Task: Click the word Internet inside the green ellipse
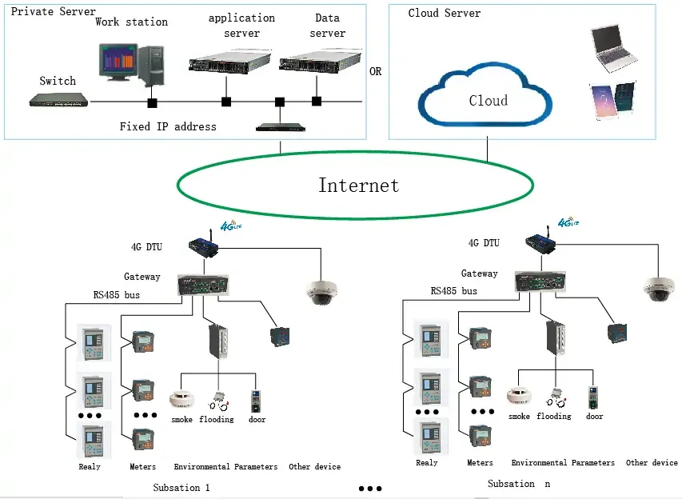coord(358,186)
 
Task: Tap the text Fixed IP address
coord(168,126)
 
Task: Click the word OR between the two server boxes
coord(375,71)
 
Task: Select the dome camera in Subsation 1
coord(322,293)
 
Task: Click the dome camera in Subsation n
coord(660,289)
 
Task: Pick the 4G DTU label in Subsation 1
coord(146,246)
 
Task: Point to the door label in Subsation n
coord(595,417)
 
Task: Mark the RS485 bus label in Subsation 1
coord(117,294)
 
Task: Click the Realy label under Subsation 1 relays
coord(90,466)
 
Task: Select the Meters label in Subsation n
coord(480,462)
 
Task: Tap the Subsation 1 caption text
coord(181,487)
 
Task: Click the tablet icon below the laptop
coord(612,100)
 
